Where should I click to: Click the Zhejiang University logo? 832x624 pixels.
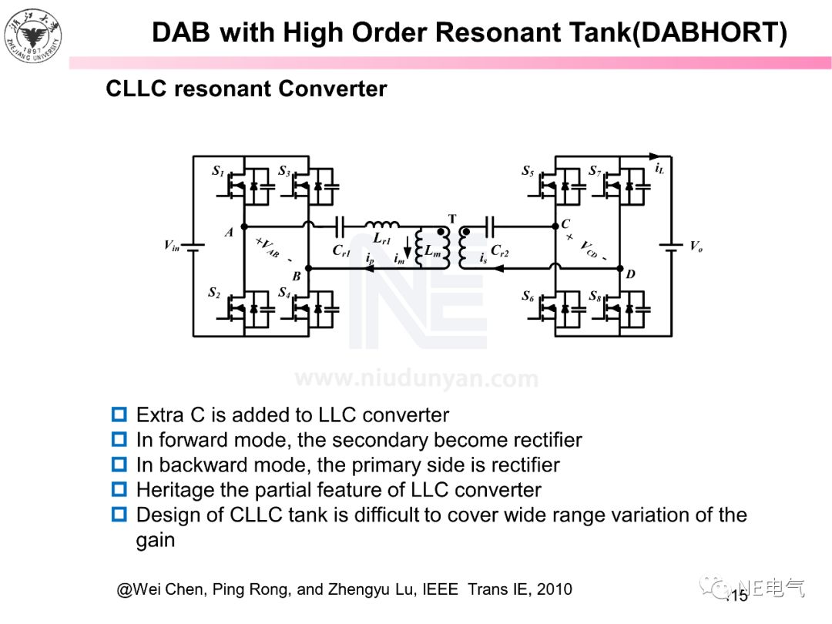pyautogui.click(x=32, y=34)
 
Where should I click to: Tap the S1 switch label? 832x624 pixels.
pyautogui.click(x=218, y=171)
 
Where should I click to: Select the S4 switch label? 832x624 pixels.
pyautogui.click(x=284, y=294)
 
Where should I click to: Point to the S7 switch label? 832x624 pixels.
pyautogui.click(x=595, y=171)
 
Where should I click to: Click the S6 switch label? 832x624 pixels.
pyautogui.click(x=528, y=296)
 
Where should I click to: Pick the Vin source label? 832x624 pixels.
pyautogui.click(x=171, y=246)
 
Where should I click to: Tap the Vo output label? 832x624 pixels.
pyautogui.click(x=696, y=247)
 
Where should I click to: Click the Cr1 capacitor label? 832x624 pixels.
pyautogui.click(x=341, y=250)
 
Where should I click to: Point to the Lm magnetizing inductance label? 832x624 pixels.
pyautogui.click(x=433, y=251)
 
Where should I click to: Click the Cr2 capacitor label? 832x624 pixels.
pyautogui.click(x=499, y=250)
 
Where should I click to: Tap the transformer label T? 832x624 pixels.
pyautogui.click(x=452, y=220)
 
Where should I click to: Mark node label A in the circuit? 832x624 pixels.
pyautogui.click(x=229, y=232)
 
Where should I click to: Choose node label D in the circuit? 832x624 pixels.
pyautogui.click(x=630, y=274)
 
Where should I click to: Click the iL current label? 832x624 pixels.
pyautogui.click(x=659, y=168)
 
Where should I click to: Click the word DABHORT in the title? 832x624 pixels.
pyautogui.click(x=709, y=32)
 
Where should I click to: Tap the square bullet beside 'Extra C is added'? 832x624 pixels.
pyautogui.click(x=119, y=415)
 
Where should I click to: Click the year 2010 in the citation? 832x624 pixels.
pyautogui.click(x=554, y=590)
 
